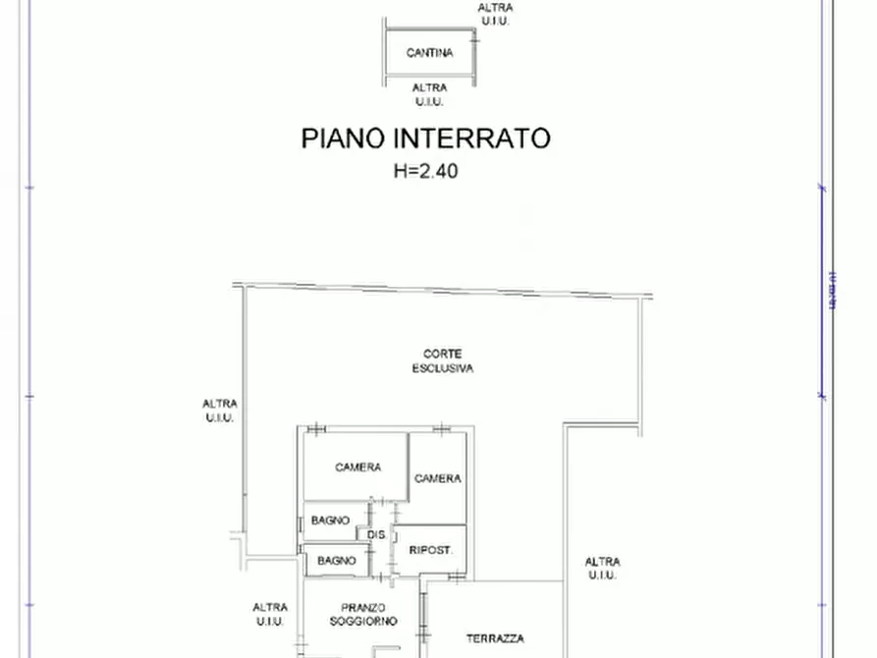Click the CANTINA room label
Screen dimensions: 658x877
pos(429,53)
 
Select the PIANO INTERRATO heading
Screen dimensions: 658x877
pos(425,138)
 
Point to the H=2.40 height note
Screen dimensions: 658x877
pos(425,170)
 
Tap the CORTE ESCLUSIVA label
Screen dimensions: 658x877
pos(442,361)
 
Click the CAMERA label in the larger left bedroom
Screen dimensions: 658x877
pos(357,467)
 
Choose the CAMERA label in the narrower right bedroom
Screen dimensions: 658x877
pos(437,478)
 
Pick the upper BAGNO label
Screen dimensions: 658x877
pos(331,521)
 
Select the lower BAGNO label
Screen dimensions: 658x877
pos(336,561)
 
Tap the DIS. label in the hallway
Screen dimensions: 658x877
pos(376,535)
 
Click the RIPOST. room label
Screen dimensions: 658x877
pos(430,551)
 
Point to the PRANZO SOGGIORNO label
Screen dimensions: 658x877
pos(362,614)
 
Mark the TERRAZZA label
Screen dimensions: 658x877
pos(495,638)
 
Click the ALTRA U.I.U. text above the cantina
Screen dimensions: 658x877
pos(494,14)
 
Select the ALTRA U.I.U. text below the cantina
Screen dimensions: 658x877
pos(429,94)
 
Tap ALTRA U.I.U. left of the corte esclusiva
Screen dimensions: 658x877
pos(219,410)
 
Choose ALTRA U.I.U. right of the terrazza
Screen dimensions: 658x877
pos(602,569)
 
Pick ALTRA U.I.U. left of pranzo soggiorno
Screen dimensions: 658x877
pos(270,614)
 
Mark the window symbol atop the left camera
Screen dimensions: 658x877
pos(315,428)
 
